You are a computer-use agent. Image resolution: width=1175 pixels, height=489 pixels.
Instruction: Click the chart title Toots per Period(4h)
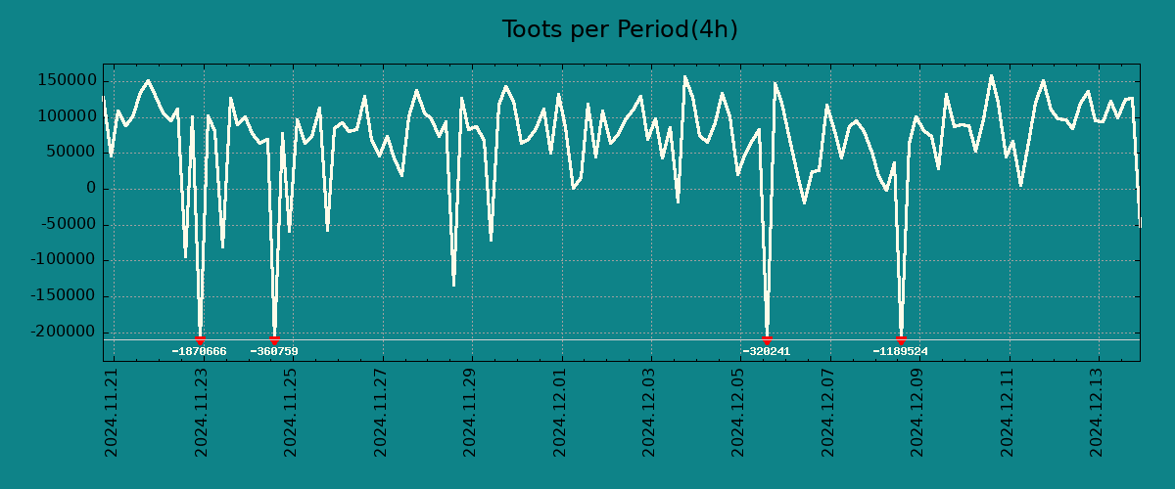pos(620,30)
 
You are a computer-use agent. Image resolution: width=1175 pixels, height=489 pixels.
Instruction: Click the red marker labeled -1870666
pos(200,339)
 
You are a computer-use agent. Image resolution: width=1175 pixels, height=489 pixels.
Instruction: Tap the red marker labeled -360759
pos(274,339)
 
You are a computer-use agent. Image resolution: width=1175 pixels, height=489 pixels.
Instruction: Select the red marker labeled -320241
pos(767,339)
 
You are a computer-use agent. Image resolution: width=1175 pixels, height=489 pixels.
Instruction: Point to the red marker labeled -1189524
pos(901,339)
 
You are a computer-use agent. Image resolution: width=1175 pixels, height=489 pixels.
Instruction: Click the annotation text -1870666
pos(199,351)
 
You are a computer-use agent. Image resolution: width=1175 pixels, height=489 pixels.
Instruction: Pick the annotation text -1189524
pos(900,351)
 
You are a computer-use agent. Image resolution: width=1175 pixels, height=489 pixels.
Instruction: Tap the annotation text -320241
pos(766,351)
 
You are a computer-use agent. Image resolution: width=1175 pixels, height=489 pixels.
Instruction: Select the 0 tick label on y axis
pos(91,188)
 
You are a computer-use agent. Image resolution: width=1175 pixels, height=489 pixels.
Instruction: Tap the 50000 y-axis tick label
pos(71,153)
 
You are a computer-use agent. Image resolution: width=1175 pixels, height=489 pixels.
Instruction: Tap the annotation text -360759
pos(274,351)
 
